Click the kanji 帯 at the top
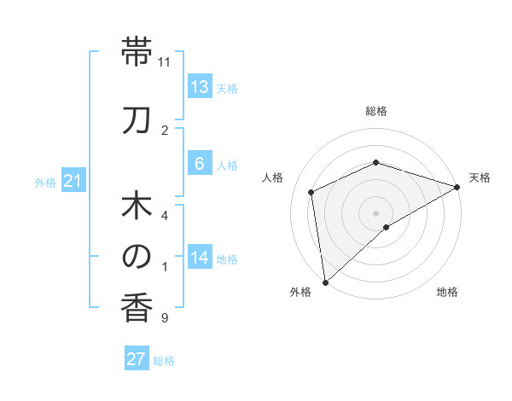click(x=137, y=53)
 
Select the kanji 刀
click(x=137, y=120)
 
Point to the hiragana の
click(x=137, y=256)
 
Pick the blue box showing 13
click(x=200, y=87)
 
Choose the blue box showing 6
click(x=199, y=164)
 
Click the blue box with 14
click(x=200, y=258)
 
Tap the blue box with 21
click(x=73, y=181)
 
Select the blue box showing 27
click(x=137, y=359)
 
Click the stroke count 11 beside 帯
click(x=165, y=62)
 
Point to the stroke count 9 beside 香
click(x=164, y=318)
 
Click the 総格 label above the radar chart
click(x=376, y=111)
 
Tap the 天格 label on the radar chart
click(x=480, y=177)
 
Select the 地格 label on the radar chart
click(x=447, y=293)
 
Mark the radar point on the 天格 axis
click(x=457, y=186)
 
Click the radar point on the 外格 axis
click(x=324, y=282)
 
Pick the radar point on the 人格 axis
click(x=311, y=192)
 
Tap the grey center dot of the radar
click(x=375, y=212)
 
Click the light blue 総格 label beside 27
click(x=165, y=361)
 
